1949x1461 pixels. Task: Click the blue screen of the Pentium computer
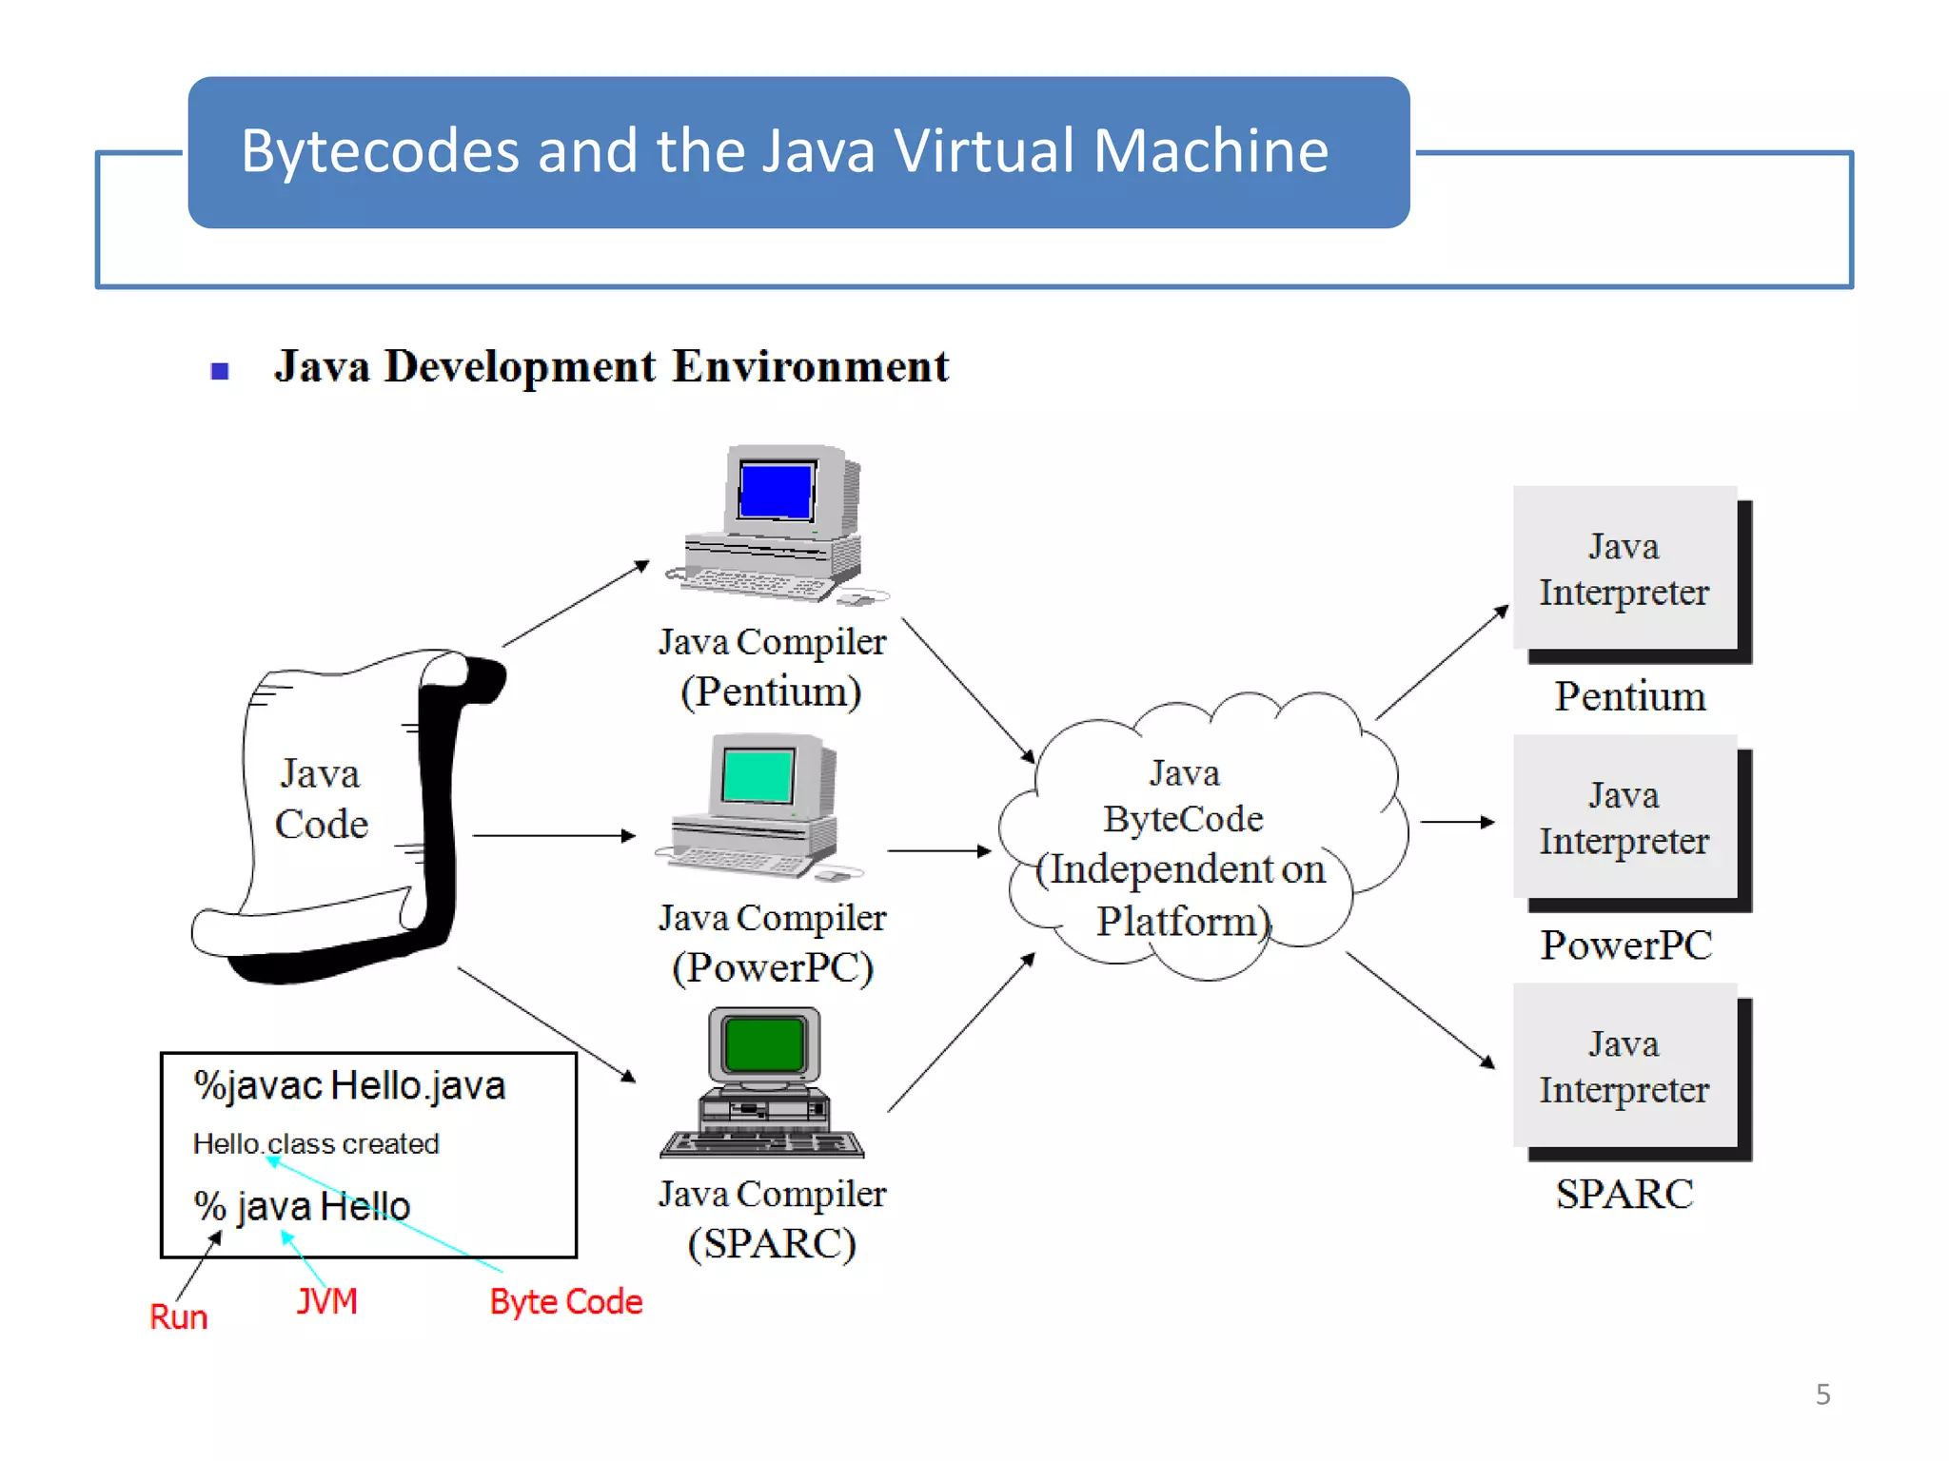776,490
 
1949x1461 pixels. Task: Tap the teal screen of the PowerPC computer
757,775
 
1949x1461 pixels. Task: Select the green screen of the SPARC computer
763,1043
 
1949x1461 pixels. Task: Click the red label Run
178,1316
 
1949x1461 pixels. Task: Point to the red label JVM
326,1300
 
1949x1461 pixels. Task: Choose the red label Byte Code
565,1301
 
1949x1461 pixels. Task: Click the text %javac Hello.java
349,1085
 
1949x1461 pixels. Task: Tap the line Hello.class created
315,1143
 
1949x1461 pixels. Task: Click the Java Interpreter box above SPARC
1624,1066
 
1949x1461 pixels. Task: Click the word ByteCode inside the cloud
1183,819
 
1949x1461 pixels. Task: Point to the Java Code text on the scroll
321,798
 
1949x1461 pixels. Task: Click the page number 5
1822,1394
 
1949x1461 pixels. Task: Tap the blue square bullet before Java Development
220,371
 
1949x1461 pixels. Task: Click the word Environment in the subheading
810,366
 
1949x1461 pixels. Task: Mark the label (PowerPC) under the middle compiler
772,967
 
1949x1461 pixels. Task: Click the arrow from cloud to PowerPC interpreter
1456,822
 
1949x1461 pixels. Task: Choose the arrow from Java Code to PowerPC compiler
553,835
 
